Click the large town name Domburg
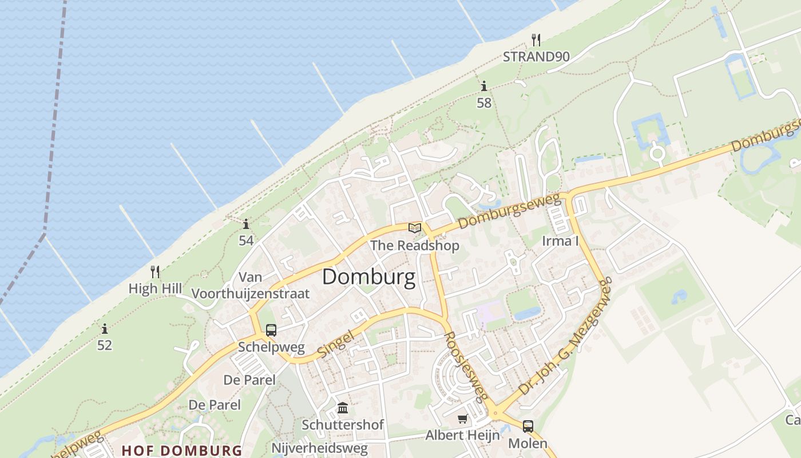point(368,277)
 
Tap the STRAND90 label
point(536,57)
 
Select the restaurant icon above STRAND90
point(536,40)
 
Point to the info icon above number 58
point(484,86)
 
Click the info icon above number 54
point(246,224)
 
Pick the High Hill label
point(155,289)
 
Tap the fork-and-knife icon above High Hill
point(155,271)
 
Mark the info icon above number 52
point(105,329)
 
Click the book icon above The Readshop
point(415,228)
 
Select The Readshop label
point(415,246)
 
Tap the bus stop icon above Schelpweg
point(271,330)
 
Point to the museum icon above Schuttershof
point(343,408)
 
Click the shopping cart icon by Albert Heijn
point(463,419)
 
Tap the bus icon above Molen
point(528,427)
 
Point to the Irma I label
point(560,241)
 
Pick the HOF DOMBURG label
point(182,450)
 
